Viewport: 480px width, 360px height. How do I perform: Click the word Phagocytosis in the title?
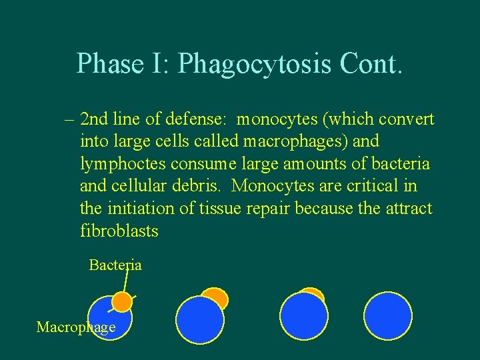point(255,64)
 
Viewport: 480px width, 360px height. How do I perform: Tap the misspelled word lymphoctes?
point(122,165)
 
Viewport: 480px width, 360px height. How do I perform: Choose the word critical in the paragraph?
point(382,187)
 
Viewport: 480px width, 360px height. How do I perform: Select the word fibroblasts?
point(119,231)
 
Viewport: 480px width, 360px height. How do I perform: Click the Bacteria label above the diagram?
point(115,265)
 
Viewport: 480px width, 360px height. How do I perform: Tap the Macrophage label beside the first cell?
point(75,327)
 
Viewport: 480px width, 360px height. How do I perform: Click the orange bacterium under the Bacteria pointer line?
point(121,302)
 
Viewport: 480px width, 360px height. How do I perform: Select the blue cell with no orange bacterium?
point(388,316)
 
